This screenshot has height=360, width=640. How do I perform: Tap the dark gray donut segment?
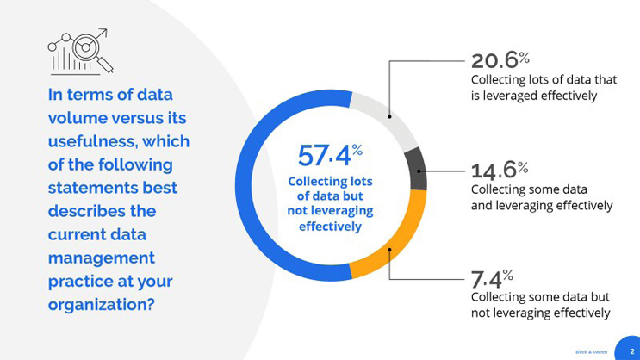416,169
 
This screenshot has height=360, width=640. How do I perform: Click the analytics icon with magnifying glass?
80,51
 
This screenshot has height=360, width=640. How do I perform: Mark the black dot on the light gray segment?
389,116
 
